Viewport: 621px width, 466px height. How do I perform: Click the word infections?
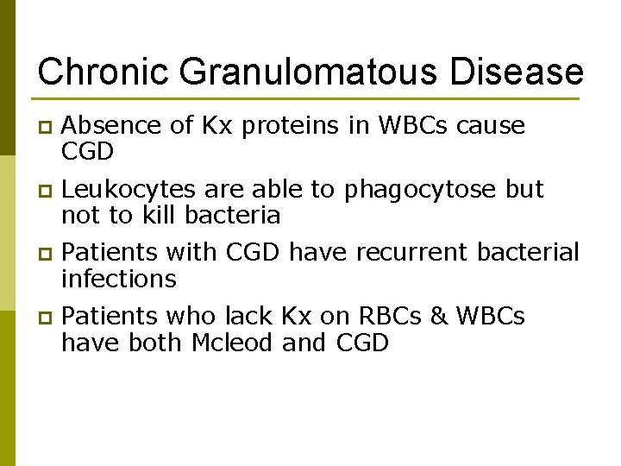118,279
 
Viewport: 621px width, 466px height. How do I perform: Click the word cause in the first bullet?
491,127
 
